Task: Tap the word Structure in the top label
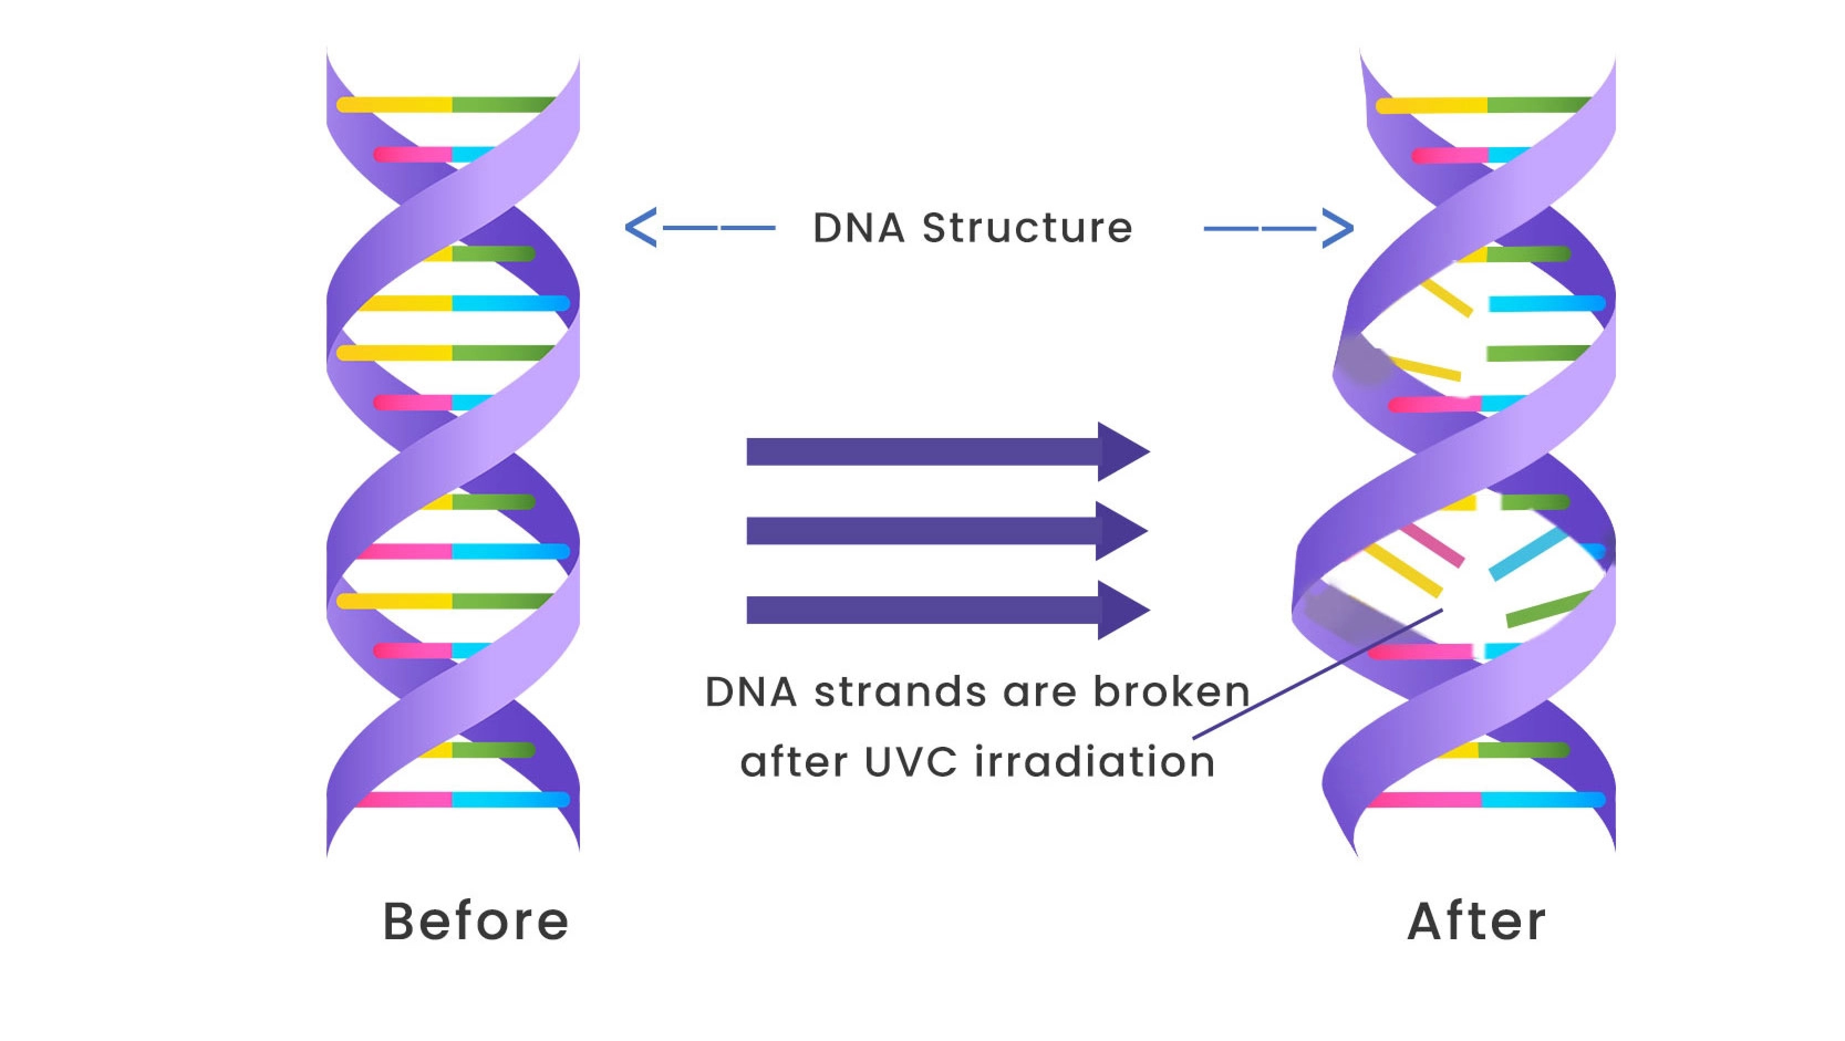point(1027,228)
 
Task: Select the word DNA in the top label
point(858,228)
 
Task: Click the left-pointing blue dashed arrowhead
point(640,228)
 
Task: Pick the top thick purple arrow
point(947,452)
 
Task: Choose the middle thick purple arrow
point(947,530)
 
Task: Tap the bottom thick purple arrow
point(947,610)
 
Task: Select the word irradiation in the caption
point(1095,762)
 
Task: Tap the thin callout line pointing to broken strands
point(1318,674)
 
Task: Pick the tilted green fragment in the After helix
point(1549,608)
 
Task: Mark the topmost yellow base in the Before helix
point(394,105)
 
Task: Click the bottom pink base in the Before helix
point(405,800)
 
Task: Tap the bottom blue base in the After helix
point(1543,800)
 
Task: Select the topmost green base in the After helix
point(1538,105)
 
